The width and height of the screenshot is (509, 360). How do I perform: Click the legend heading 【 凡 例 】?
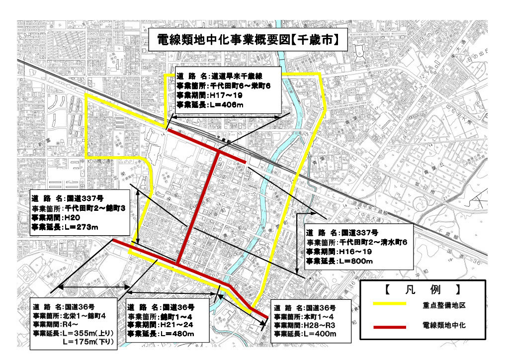pyautogui.click(x=422, y=288)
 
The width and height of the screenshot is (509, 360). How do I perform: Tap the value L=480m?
pyautogui.click(x=176, y=333)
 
